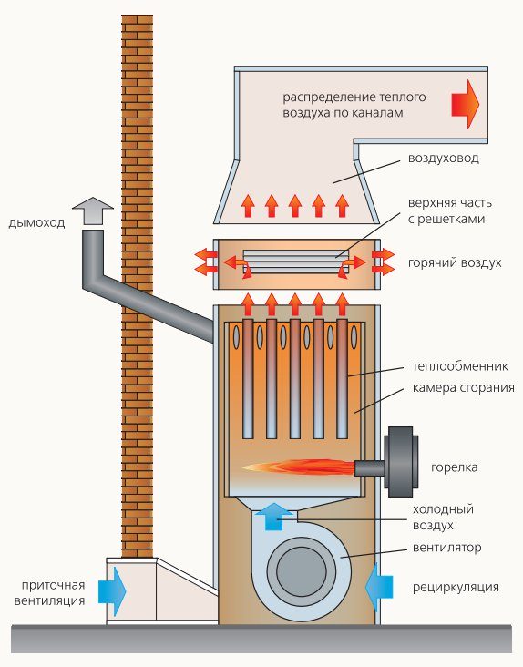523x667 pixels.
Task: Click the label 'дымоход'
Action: pos(37,221)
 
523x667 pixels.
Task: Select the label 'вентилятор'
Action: pos(446,548)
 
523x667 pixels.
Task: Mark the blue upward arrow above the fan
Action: pos(273,514)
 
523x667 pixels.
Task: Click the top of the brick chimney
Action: pos(137,20)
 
